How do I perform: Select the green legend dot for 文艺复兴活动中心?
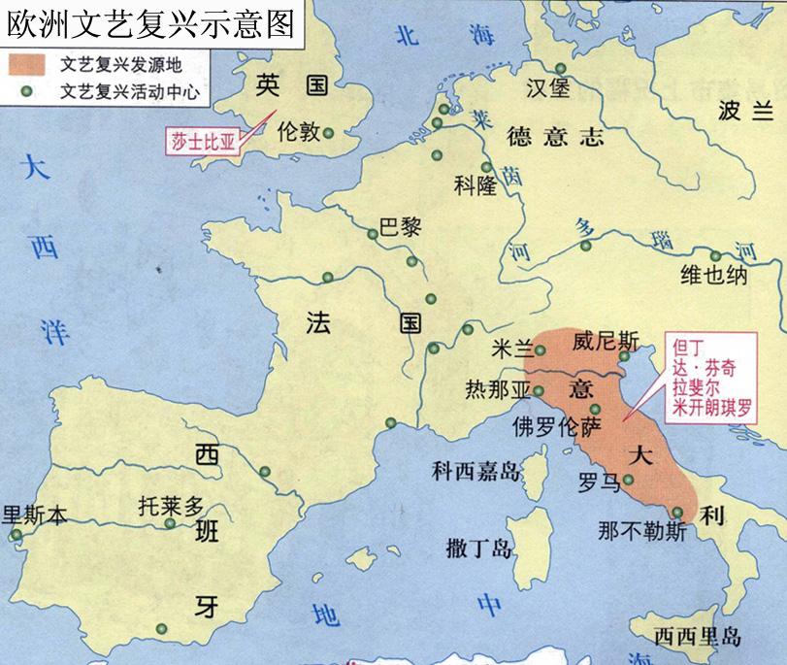tap(28, 92)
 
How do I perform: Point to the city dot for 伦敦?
tap(329, 133)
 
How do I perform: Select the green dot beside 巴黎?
tap(372, 234)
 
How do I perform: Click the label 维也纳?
tap(713, 275)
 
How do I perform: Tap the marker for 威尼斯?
tap(624, 357)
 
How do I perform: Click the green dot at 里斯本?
tap(15, 534)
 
